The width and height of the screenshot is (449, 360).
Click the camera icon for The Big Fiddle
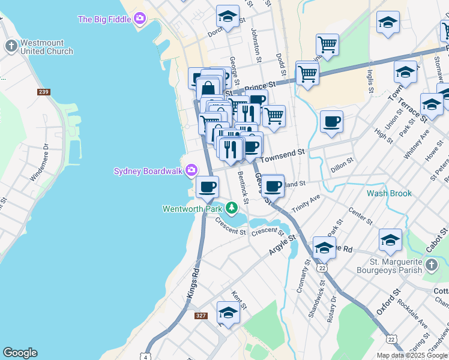[140, 19]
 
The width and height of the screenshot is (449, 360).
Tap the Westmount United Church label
[46, 47]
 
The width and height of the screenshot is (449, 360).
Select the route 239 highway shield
[43, 92]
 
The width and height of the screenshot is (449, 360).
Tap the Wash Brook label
[389, 194]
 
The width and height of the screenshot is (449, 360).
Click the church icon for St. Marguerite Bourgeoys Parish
[431, 265]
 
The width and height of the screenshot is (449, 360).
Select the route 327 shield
[201, 315]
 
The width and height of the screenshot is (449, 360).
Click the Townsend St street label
[282, 154]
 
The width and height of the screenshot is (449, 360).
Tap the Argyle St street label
[283, 246]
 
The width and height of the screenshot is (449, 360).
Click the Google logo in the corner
[20, 353]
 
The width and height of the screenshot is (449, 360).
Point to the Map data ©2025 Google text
[412, 355]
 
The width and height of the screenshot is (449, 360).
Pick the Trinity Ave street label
[306, 204]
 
